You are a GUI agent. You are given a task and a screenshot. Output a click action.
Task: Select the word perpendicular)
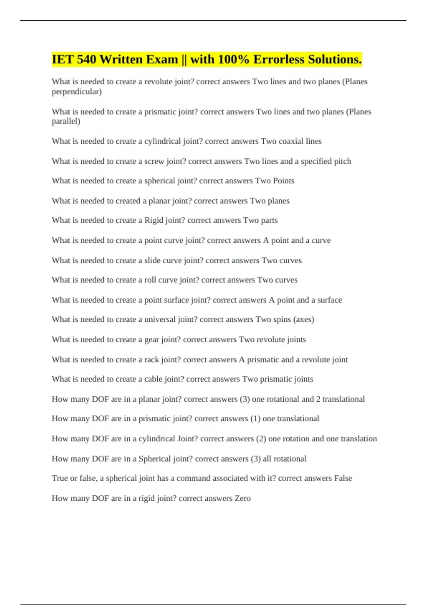[x=77, y=92]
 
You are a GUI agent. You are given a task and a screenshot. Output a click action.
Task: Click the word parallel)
[x=66, y=121]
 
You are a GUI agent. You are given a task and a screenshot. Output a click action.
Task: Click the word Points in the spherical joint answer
[x=283, y=181]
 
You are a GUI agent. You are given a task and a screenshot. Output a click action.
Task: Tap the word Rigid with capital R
[x=154, y=220]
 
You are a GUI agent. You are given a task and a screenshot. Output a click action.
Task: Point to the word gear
[x=152, y=340]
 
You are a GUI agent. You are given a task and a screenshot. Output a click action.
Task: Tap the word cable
[x=153, y=379]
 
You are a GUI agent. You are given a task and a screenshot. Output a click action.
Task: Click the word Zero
[x=243, y=498]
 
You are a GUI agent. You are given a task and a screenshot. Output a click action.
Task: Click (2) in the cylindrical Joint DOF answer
[x=261, y=439]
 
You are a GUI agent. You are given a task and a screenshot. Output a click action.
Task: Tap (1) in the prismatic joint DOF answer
[x=255, y=419]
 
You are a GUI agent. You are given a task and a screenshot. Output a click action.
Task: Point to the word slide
[x=152, y=261]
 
